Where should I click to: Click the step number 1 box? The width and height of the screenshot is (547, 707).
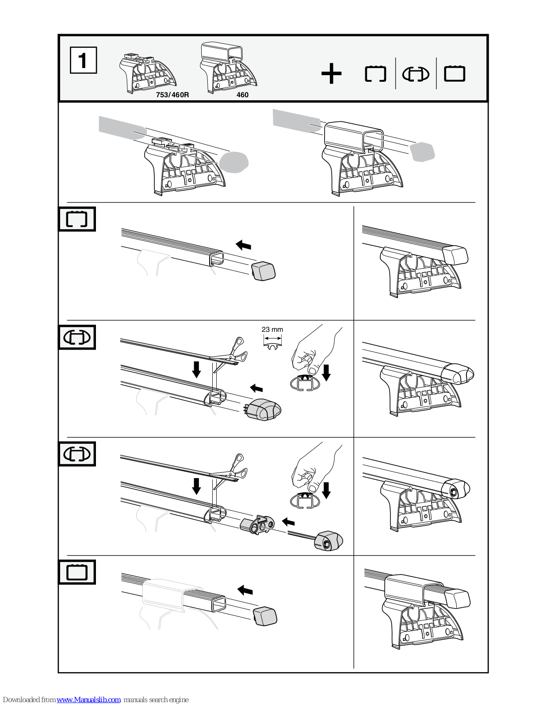click(83, 60)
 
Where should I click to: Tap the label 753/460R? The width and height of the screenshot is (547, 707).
click(172, 95)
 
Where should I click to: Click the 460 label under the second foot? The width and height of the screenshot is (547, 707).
click(242, 95)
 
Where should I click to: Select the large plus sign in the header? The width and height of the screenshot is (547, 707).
click(331, 74)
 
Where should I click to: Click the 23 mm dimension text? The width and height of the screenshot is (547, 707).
click(272, 330)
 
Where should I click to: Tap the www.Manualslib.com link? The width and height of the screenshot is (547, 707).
click(88, 699)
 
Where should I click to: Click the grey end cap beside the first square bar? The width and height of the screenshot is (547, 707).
click(264, 270)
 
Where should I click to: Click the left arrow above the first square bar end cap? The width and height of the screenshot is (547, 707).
click(243, 245)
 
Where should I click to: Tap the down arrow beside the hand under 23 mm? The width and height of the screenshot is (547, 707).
click(326, 372)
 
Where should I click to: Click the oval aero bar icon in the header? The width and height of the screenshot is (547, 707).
click(415, 74)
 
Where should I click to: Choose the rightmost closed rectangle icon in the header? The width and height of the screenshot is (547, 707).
click(454, 73)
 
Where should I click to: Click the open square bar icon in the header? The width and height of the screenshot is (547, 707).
click(375, 74)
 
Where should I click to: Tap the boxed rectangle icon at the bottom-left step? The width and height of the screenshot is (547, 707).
click(77, 572)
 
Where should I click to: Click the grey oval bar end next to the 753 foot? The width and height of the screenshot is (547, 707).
click(233, 162)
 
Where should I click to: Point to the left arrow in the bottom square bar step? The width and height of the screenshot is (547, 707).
click(245, 590)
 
